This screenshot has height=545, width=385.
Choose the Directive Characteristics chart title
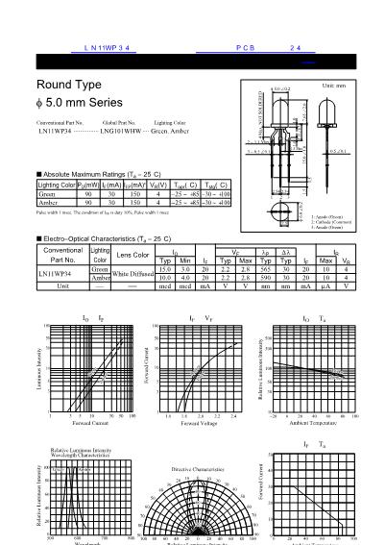coord(198,468)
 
